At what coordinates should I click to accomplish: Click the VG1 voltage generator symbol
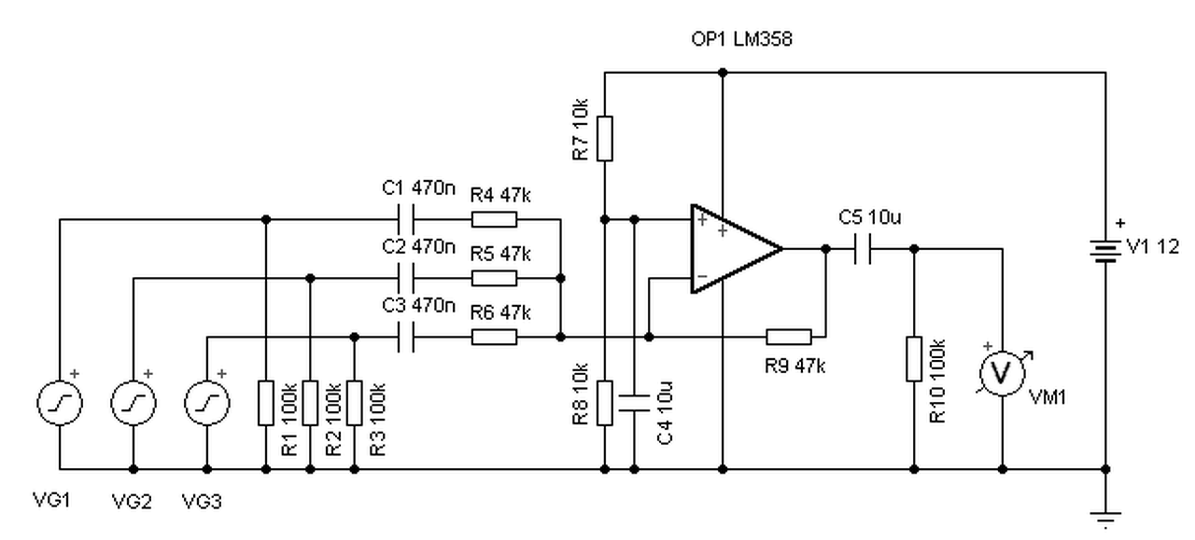coord(60,403)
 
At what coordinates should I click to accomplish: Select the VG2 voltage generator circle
coord(134,403)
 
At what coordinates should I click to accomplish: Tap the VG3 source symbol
coord(207,403)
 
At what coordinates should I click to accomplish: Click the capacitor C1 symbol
coord(406,219)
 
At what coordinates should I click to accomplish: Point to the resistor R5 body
coord(494,278)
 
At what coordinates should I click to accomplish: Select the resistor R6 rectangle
coord(494,337)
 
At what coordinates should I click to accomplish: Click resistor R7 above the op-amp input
coord(604,138)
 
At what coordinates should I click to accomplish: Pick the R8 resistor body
coord(604,403)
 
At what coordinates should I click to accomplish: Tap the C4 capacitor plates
coord(634,403)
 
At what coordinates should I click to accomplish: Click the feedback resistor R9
coord(789,337)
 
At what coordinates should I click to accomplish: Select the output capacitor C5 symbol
coord(862,248)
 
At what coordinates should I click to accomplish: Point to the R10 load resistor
coord(914,359)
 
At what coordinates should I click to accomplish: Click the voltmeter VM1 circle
coord(1003,373)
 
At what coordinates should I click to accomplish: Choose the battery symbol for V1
coord(1105,251)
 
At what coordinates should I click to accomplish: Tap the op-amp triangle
coord(737,248)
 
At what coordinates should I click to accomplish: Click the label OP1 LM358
coord(741,39)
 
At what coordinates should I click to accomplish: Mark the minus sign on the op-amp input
coord(702,276)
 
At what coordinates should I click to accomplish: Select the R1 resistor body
coord(266,403)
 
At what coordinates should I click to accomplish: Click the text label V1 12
coord(1152,246)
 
